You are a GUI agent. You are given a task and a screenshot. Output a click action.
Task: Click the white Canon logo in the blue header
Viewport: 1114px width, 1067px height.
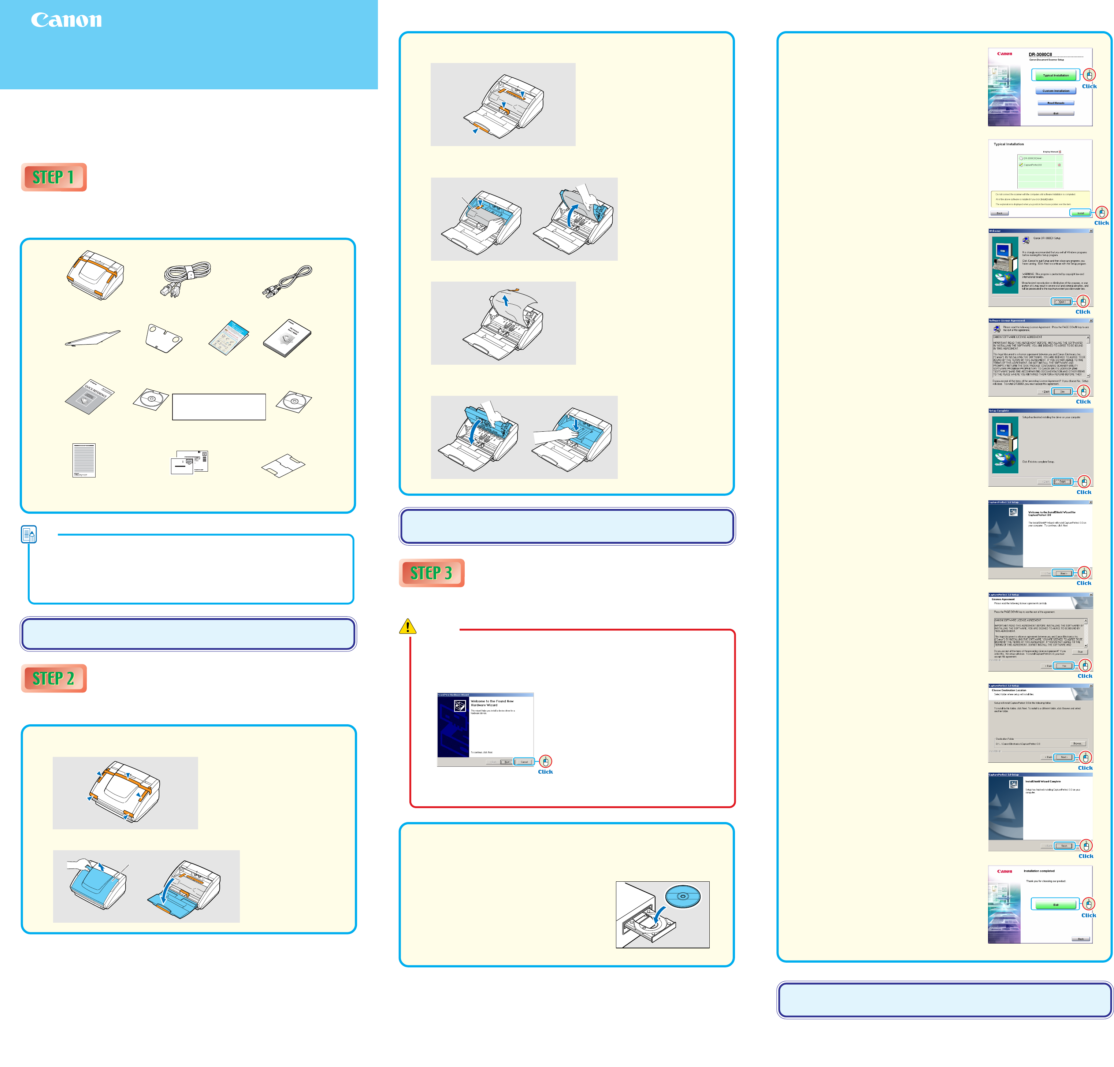(67, 21)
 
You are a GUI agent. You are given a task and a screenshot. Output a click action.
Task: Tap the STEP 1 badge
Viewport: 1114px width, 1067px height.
(53, 177)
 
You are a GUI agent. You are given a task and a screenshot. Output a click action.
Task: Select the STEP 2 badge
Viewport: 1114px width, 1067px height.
(53, 679)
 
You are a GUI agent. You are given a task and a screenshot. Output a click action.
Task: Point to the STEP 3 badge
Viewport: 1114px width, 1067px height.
(431, 573)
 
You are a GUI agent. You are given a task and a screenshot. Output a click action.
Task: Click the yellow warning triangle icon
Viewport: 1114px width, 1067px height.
(408, 626)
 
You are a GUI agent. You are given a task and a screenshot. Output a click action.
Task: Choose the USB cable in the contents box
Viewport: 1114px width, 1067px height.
(287, 281)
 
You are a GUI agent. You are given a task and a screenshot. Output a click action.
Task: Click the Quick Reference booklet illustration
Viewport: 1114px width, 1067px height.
(90, 396)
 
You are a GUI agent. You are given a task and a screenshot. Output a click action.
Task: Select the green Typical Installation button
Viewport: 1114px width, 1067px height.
(1055, 75)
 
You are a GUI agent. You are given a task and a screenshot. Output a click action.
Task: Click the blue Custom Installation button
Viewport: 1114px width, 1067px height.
(1055, 91)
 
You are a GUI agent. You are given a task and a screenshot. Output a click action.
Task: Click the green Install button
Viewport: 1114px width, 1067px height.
(1080, 213)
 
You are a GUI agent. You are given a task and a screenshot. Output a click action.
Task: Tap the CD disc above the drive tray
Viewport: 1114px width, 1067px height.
(683, 897)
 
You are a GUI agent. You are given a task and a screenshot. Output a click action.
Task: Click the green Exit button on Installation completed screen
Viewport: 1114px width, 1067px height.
(1055, 904)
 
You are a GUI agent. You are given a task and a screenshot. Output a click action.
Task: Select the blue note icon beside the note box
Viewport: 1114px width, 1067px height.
(29, 534)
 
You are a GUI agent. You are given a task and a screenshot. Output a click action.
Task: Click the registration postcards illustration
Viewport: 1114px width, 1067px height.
(190, 462)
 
